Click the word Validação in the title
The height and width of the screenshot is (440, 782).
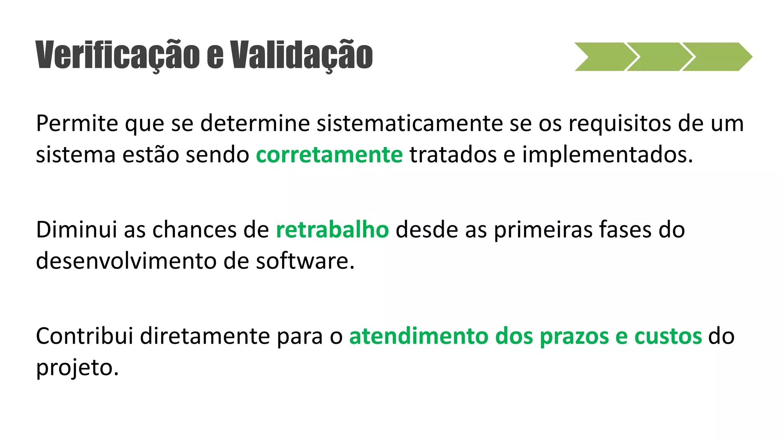coord(301,55)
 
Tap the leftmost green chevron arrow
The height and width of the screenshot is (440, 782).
coord(603,57)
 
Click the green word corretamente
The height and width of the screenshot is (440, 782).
coord(329,155)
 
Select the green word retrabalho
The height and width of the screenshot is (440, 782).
coord(332,230)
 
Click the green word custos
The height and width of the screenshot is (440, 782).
coord(668,336)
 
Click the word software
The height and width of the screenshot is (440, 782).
coord(305,261)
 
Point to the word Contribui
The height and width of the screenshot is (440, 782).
coord(84,336)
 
